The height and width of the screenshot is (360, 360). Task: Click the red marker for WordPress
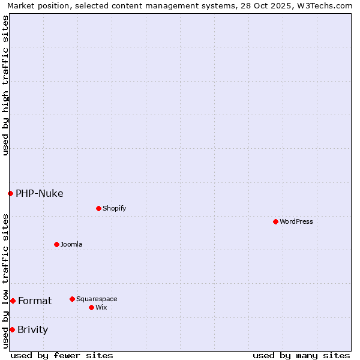pyautogui.click(x=275, y=221)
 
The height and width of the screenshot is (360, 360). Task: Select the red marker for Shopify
pyautogui.click(x=98, y=208)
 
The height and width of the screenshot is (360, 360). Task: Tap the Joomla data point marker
pyautogui.click(x=56, y=244)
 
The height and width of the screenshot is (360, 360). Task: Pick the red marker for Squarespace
pyautogui.click(x=72, y=299)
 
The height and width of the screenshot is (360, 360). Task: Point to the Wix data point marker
pyautogui.click(x=91, y=307)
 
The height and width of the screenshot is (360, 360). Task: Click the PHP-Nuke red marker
pyautogui.click(x=10, y=193)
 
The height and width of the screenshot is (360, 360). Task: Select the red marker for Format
pyautogui.click(x=13, y=301)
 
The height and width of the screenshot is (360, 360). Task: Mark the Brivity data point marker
pyautogui.click(x=12, y=329)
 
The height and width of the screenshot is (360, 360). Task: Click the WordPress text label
pyautogui.click(x=296, y=221)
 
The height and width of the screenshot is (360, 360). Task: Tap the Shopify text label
pyautogui.click(x=114, y=208)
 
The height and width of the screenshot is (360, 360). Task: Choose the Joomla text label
pyautogui.click(x=71, y=244)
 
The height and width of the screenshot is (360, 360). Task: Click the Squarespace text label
pyautogui.click(x=97, y=299)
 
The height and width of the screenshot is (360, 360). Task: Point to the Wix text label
pyautogui.click(x=101, y=307)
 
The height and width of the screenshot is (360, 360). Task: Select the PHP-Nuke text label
pyautogui.click(x=39, y=193)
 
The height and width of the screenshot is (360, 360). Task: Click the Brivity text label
pyautogui.click(x=32, y=329)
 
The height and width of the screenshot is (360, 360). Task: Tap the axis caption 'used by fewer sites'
pyautogui.click(x=62, y=355)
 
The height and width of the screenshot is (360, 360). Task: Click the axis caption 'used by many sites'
pyautogui.click(x=301, y=355)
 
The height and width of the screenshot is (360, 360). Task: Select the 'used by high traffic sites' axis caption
pyautogui.click(x=5, y=85)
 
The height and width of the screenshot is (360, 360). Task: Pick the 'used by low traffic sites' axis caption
pyautogui.click(x=5, y=281)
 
